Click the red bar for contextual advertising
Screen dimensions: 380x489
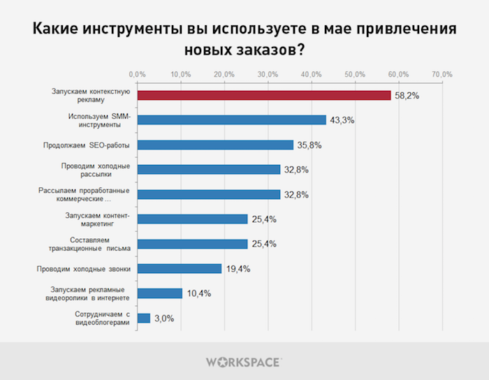[263, 95]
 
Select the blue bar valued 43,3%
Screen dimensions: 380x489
[231, 119]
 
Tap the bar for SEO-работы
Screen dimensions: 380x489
[215, 145]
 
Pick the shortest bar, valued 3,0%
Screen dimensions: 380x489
[143, 318]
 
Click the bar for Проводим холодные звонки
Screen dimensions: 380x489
[180, 268]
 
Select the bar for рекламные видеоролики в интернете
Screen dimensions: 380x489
[159, 293]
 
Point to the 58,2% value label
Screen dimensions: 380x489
[407, 96]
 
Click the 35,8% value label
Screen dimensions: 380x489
[309, 145]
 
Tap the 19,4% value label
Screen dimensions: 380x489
[238, 269]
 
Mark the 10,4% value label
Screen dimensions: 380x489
[198, 294]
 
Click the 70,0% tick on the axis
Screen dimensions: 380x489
[442, 74]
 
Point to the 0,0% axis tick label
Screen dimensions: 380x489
[137, 74]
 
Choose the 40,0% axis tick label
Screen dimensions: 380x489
[312, 74]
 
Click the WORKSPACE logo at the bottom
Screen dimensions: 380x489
[245, 361]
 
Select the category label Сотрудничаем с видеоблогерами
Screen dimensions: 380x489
[102, 318]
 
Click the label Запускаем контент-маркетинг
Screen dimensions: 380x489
[98, 219]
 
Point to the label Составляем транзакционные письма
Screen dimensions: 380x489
[92, 244]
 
